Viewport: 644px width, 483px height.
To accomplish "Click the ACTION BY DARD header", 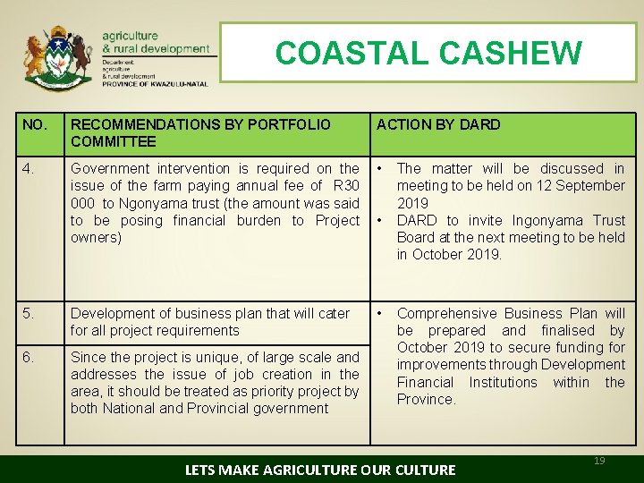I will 438,124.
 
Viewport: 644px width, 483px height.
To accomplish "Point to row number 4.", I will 28,168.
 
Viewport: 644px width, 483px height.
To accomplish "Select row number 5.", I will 28,313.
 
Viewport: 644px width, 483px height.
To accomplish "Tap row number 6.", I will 28,357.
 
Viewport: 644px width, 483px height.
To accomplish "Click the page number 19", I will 599,461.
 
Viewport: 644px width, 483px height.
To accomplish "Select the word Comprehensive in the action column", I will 446,313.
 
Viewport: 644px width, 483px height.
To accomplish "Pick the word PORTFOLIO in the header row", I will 288,124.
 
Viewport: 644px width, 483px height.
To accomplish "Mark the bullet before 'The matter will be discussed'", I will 381,168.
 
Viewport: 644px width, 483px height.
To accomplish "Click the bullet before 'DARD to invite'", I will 381,220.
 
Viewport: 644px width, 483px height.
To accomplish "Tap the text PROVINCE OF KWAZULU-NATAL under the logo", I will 156,84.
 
